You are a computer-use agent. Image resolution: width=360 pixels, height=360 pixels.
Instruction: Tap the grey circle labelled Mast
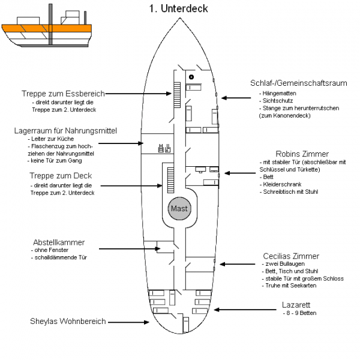(x=179, y=209)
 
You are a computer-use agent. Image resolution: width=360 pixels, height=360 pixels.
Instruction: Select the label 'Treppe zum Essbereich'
(x=63, y=94)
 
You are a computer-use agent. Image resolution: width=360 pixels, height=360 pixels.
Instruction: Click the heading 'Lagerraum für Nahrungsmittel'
(x=65, y=130)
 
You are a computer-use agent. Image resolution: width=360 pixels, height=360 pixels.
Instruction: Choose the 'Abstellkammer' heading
(x=58, y=242)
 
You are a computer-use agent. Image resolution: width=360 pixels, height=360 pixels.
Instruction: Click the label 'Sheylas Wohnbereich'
(x=68, y=322)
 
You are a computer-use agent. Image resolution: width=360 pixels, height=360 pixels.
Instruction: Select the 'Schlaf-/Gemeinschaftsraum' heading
(x=298, y=83)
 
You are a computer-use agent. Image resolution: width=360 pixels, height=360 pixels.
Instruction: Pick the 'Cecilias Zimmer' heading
(x=291, y=256)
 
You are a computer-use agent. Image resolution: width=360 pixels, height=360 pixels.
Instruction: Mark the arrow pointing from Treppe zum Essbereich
(x=141, y=94)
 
